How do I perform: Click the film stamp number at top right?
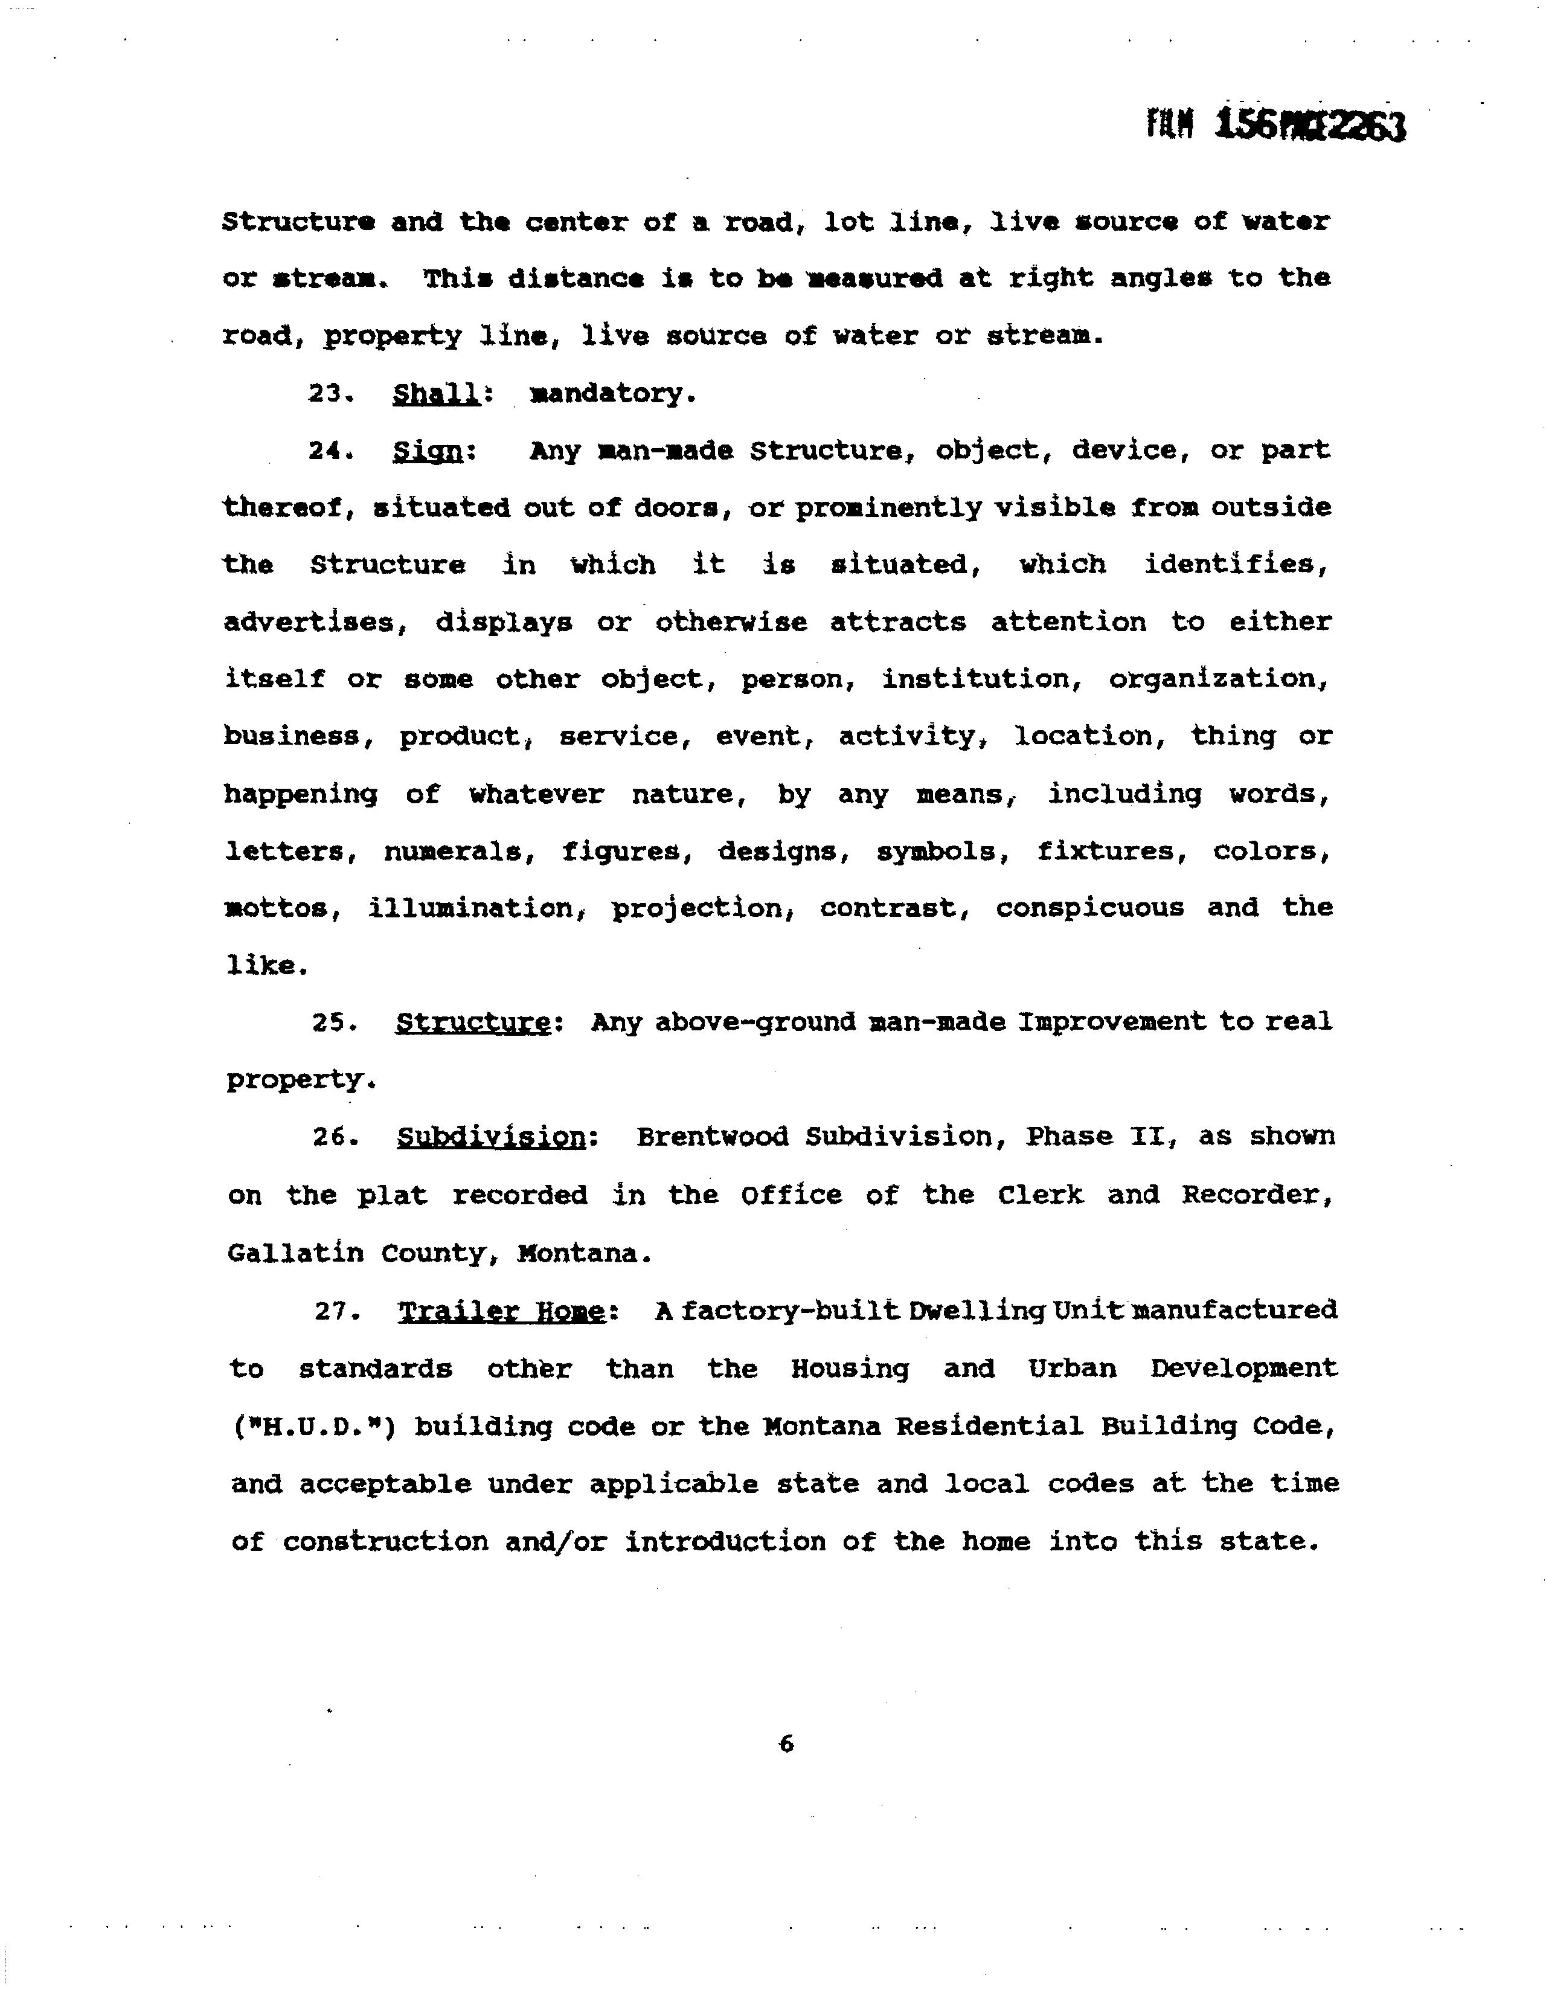(x=1275, y=126)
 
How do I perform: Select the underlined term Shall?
(x=437, y=394)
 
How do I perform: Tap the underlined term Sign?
(x=428, y=452)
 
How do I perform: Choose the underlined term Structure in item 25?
(x=473, y=1023)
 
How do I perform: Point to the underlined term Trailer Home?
(x=502, y=1311)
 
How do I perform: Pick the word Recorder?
(x=1258, y=1195)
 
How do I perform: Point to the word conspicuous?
(x=1089, y=908)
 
